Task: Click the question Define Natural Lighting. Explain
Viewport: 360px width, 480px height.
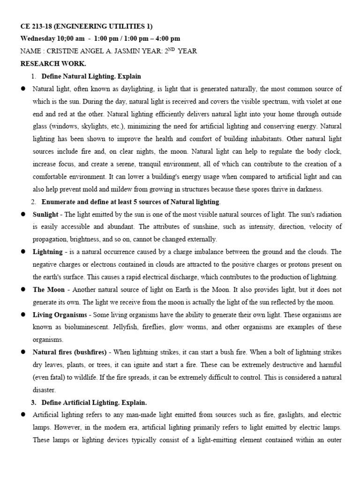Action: click(x=91, y=76)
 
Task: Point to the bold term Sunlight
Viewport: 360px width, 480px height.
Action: click(x=45, y=214)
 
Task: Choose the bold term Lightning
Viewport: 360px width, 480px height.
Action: click(x=47, y=252)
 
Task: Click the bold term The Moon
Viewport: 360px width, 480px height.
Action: click(x=45, y=290)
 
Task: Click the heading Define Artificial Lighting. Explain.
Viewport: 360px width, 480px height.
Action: click(x=94, y=402)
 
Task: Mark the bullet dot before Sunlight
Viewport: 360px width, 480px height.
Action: click(x=22, y=214)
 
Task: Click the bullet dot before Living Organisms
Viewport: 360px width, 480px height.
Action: click(x=22, y=315)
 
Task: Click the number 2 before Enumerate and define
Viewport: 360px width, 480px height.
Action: click(x=34, y=202)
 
